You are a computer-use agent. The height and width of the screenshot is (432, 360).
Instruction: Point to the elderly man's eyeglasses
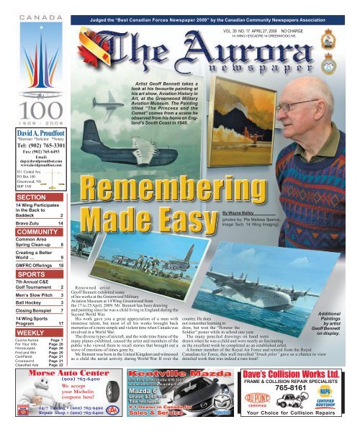[x=300, y=107]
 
